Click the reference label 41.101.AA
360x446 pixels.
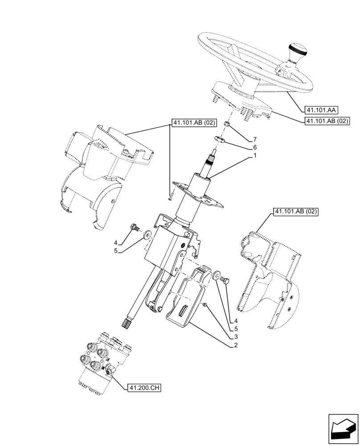(321, 110)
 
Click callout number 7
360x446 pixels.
(255, 140)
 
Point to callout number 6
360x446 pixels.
(255, 147)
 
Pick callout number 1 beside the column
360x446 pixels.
(255, 156)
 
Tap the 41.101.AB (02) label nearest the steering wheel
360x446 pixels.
(327, 121)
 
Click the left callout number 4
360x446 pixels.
(115, 243)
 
